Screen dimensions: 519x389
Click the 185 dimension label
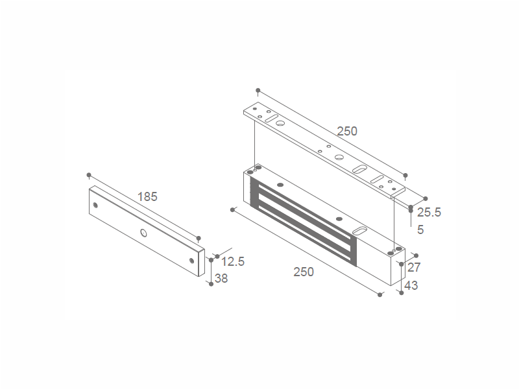click(x=147, y=197)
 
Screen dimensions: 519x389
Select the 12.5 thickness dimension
click(x=233, y=262)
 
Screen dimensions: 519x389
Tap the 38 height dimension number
click(x=221, y=279)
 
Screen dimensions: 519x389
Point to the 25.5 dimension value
click(x=429, y=213)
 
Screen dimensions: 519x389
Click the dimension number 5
click(x=420, y=230)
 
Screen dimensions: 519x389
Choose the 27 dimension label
click(x=414, y=267)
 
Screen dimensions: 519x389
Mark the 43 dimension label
click(x=411, y=285)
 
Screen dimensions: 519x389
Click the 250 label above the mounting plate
click(x=347, y=132)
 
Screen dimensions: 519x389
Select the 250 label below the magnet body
click(x=304, y=272)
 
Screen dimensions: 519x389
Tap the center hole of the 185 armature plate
click(x=143, y=233)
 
